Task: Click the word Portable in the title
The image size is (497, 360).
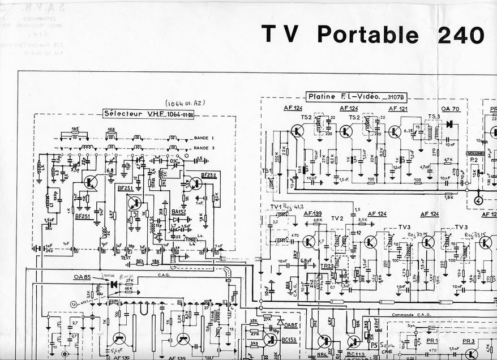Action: coord(367,35)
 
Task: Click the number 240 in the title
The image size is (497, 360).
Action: coord(460,35)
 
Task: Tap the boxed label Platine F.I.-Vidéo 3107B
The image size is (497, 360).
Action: coord(357,97)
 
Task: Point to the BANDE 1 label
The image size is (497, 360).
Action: coord(204,138)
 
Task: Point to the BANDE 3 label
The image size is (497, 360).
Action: coord(204,147)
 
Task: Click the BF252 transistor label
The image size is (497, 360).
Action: coord(208,175)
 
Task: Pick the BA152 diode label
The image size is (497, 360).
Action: coord(178,212)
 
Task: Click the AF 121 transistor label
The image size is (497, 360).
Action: coord(398,108)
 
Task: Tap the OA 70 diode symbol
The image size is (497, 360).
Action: coord(449,124)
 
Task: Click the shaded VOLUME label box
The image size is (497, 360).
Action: coord(475,153)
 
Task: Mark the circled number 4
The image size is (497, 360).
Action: coord(478,199)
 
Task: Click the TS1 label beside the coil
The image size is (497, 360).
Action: coord(266,170)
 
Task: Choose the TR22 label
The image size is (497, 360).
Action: coord(327,265)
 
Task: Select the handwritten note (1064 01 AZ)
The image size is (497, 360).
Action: coord(184,104)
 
